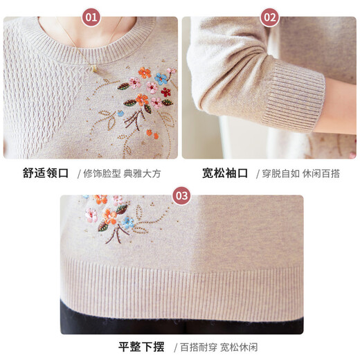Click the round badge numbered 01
click(x=91, y=17)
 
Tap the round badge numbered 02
click(x=270, y=17)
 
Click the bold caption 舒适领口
click(x=46, y=173)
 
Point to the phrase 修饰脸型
click(x=99, y=173)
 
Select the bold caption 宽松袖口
click(x=225, y=173)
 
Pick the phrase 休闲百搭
click(x=321, y=173)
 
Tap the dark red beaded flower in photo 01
click(x=165, y=91)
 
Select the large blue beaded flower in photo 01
click(x=161, y=78)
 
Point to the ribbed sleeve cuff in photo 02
click(x=294, y=97)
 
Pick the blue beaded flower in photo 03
click(x=127, y=222)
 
